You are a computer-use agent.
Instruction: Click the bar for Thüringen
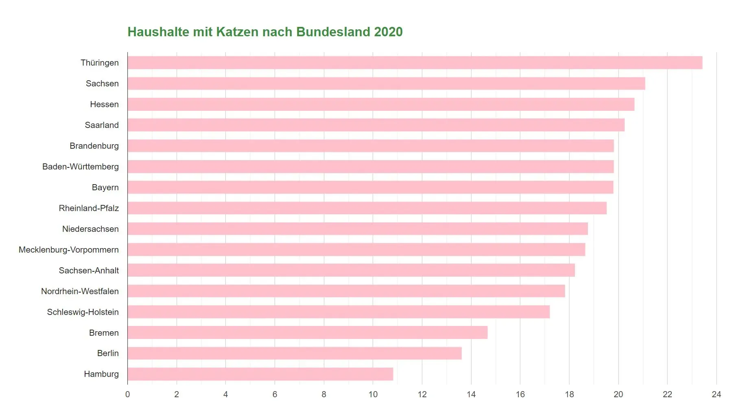(x=415, y=63)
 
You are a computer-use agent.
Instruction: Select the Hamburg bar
(x=260, y=374)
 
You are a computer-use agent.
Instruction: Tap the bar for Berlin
(x=295, y=353)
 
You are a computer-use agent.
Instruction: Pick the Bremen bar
(x=308, y=332)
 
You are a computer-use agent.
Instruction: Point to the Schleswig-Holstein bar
(x=339, y=312)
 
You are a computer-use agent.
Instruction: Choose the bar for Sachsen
(x=386, y=84)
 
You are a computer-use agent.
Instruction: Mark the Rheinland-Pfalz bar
(x=367, y=208)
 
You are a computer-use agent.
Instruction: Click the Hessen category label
(x=104, y=104)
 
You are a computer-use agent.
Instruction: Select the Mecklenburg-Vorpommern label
(x=69, y=250)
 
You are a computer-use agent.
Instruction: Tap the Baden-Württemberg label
(x=81, y=167)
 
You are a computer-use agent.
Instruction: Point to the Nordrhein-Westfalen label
(x=80, y=291)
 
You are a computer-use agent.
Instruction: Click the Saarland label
(x=102, y=125)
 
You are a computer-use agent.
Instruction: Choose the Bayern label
(x=105, y=187)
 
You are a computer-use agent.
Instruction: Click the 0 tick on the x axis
(x=127, y=394)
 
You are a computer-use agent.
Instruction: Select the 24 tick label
(x=716, y=394)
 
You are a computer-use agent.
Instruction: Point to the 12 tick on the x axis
(x=422, y=394)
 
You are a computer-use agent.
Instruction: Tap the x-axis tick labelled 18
(x=569, y=394)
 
